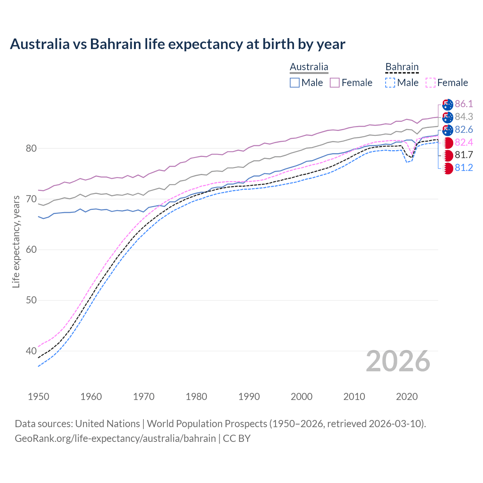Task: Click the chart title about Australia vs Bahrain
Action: coord(177,44)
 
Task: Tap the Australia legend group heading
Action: coord(309,67)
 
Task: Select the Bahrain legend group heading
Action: coord(402,67)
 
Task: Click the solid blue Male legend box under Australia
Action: coord(295,83)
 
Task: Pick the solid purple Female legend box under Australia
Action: coord(335,83)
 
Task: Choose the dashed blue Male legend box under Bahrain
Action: coord(390,83)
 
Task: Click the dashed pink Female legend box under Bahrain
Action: coord(431,83)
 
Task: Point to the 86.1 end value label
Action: coord(464,104)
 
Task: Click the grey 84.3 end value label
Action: coord(464,117)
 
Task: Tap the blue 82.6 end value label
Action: coord(464,129)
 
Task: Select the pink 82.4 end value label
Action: coord(464,142)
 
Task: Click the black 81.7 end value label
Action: coord(464,155)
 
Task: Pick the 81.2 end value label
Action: coord(464,168)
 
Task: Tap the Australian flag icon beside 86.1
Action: coord(448,104)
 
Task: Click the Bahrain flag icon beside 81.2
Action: coord(448,168)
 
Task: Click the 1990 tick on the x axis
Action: coord(249,397)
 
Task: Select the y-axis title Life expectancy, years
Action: coord(16,241)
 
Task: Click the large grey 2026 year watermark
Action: coord(398,361)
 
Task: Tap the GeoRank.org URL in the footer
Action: coord(115,438)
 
